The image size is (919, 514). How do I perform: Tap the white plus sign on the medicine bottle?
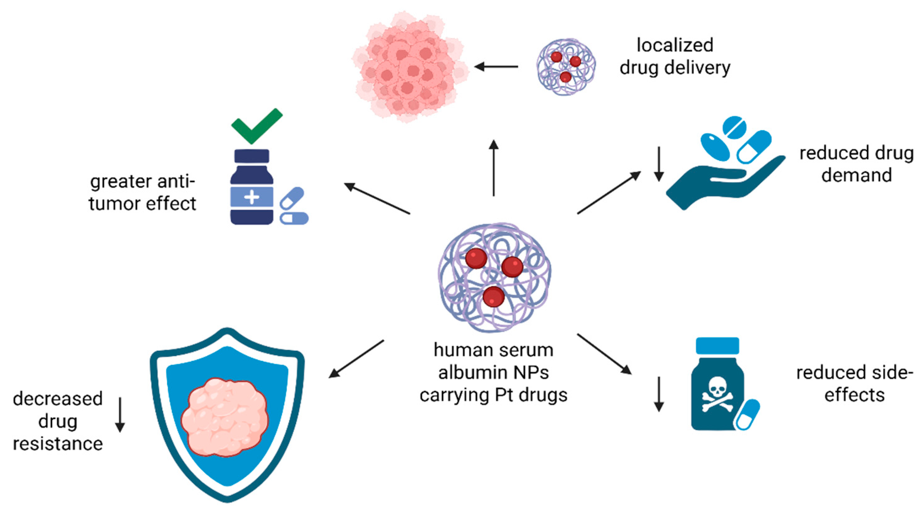pos(252,197)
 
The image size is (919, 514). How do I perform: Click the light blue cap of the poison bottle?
pos(717,346)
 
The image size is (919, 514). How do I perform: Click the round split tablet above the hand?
pos(734,128)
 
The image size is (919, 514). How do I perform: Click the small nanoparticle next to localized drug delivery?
pos(566,67)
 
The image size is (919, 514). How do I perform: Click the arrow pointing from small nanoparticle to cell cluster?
pos(496,66)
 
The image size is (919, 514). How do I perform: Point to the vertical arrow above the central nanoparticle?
pos(494,168)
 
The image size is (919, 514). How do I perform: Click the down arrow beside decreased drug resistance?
pos(120,415)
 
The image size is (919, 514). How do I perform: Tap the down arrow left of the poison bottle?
pos(659,394)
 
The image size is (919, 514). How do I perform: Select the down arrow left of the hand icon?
pos(659,164)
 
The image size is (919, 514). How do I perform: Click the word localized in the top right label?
pos(675,45)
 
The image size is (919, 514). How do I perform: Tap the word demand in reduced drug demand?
pos(856,175)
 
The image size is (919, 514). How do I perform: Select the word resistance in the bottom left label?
pos(58,444)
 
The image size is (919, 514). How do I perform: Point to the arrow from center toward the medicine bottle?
pos(377,198)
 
